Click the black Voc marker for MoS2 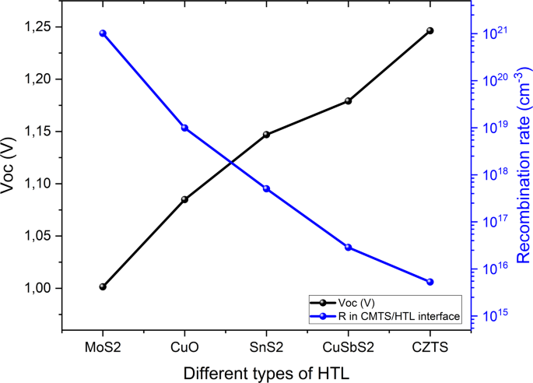(103, 286)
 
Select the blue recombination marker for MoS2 (103, 33)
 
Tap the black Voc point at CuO (184, 199)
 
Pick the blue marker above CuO (184, 128)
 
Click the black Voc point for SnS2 (267, 135)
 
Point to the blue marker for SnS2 (267, 188)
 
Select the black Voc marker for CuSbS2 (349, 101)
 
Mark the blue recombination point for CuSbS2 (349, 248)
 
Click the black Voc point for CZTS (430, 30)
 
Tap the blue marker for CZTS (430, 282)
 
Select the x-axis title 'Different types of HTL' (266, 372)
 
